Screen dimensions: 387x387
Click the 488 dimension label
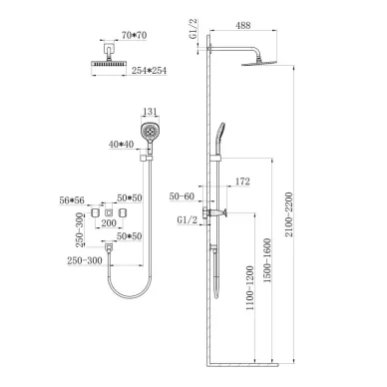(x=243, y=25)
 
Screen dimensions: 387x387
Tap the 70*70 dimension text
(x=134, y=35)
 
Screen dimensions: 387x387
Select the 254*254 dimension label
(x=149, y=71)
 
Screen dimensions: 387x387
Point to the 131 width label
(x=150, y=112)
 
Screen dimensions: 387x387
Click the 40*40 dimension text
(x=121, y=145)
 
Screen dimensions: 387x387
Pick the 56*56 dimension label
(x=72, y=200)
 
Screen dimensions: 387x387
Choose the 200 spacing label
(x=109, y=223)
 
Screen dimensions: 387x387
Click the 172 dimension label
(x=242, y=182)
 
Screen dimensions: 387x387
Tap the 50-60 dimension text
(x=182, y=196)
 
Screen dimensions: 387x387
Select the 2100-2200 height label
(x=288, y=214)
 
